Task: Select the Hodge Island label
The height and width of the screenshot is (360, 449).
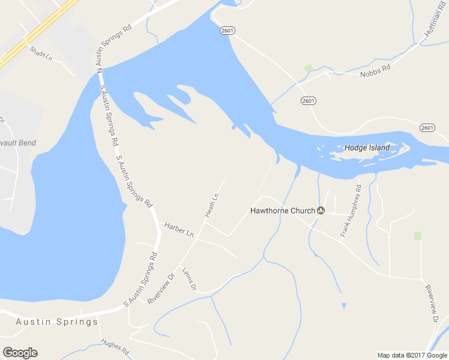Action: (367, 148)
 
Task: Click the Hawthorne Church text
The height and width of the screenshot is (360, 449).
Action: (282, 211)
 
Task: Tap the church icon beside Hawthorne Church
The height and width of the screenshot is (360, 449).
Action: (321, 211)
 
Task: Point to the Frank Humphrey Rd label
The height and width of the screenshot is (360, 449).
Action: (351, 211)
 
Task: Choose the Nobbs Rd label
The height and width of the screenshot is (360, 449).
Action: (375, 71)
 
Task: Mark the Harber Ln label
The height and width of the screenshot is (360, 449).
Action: (179, 229)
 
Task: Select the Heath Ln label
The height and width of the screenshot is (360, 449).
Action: (211, 205)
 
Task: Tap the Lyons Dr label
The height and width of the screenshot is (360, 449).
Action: (189, 279)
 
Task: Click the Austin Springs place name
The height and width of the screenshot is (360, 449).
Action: (57, 322)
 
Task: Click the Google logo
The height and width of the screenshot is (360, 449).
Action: (20, 353)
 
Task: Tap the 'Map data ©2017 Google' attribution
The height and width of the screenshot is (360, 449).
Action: (412, 355)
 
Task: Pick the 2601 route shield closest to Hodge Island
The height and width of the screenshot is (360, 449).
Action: (427, 127)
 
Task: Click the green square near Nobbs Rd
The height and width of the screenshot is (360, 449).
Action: (309, 68)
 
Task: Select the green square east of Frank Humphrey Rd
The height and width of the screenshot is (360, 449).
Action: (418, 236)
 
